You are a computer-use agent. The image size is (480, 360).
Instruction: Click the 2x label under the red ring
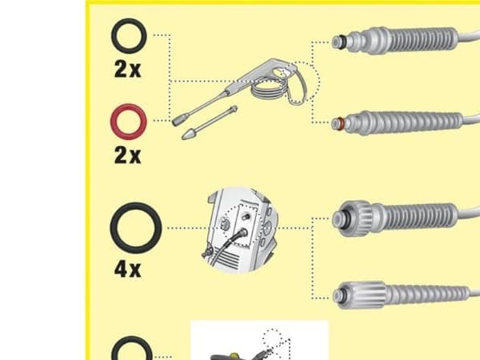(127, 155)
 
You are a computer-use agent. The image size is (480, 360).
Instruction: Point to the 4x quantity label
(127, 270)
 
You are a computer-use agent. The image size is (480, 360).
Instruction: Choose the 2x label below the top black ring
(127, 69)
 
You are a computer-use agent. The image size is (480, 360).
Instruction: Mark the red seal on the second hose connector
(340, 124)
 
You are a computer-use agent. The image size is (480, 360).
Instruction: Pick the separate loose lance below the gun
(210, 122)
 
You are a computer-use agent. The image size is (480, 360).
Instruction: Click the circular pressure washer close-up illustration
(240, 230)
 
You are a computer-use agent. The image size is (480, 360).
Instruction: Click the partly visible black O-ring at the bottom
(114, 352)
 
